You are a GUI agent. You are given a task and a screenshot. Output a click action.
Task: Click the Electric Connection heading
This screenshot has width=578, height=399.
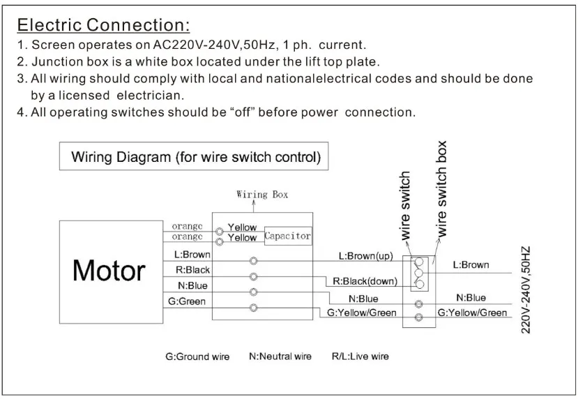coord(104,25)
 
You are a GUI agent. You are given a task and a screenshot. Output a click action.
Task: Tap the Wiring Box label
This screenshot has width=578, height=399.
coord(262,195)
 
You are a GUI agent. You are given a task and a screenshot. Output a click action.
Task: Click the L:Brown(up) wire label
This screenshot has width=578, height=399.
coord(365,256)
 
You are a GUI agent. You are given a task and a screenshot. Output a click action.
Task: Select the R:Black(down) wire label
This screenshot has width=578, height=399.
coord(365,281)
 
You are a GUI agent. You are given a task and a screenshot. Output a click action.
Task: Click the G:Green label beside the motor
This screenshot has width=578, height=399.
coord(187,301)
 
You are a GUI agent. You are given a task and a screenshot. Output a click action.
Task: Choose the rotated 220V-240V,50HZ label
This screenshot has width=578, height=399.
coord(526,290)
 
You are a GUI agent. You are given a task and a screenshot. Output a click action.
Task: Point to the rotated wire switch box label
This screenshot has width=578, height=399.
coord(441,189)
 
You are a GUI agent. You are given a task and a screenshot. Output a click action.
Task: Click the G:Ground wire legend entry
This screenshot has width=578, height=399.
coord(197,356)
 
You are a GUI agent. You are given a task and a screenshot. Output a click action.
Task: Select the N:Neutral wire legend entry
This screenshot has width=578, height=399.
coord(280,356)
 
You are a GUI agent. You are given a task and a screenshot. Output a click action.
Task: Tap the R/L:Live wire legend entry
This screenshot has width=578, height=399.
coord(360,356)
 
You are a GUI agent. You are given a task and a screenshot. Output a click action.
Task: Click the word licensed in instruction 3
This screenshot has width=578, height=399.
coord(84,96)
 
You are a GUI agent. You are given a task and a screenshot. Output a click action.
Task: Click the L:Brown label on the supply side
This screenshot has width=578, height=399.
coord(471,265)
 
